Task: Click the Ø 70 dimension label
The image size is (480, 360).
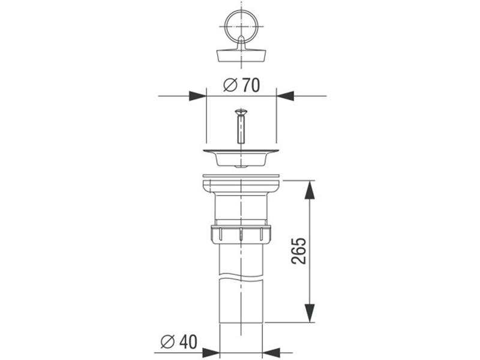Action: point(242,85)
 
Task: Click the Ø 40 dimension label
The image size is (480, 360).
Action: point(179,341)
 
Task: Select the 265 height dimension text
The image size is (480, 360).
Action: point(299,251)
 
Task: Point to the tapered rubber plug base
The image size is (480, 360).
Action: point(241,56)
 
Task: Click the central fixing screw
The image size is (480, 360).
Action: point(241,126)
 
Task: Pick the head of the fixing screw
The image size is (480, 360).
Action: point(241,112)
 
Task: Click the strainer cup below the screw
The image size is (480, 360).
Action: point(241,158)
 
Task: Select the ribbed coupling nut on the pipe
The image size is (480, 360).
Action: point(241,235)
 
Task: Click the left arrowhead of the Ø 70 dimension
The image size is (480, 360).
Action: point(198,96)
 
